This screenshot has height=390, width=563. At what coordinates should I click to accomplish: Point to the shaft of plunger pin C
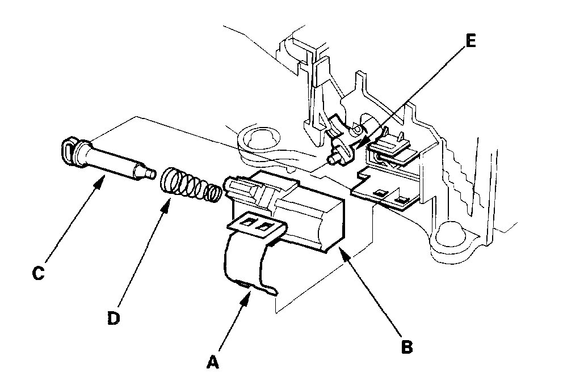[114, 162]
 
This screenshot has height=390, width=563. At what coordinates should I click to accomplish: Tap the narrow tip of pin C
[150, 172]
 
